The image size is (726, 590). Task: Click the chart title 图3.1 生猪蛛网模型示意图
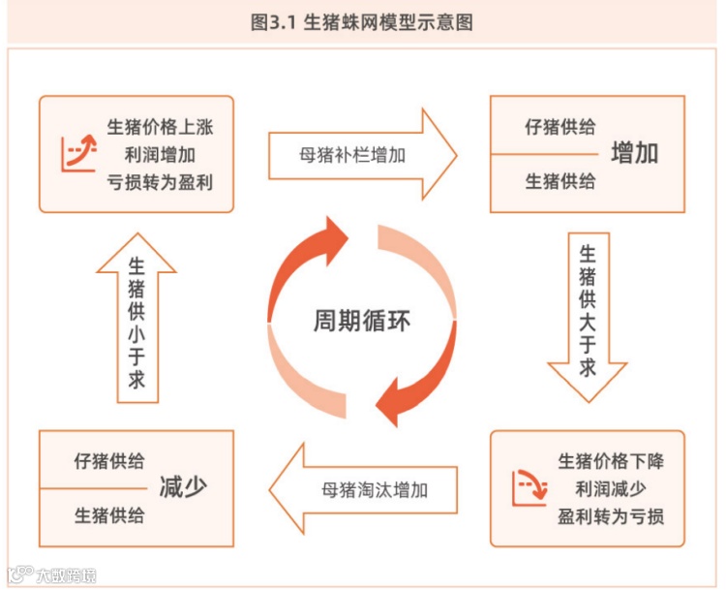click(362, 22)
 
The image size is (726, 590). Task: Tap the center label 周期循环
click(361, 320)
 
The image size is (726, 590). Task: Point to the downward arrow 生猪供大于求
click(588, 315)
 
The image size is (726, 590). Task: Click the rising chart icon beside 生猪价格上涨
click(78, 153)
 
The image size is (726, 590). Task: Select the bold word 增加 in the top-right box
click(635, 153)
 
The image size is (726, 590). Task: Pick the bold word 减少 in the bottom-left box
click(183, 487)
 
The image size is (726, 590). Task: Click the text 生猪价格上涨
click(159, 127)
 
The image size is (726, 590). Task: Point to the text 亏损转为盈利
click(159, 181)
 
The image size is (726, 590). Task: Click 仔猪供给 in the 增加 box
click(560, 127)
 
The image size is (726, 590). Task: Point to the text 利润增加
click(159, 154)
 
